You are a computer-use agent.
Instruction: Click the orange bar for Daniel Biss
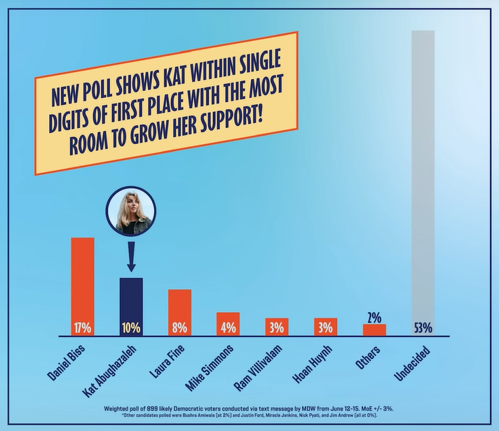click(83, 280)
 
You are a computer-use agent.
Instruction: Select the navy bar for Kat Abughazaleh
click(131, 301)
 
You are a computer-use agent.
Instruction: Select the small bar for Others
click(374, 330)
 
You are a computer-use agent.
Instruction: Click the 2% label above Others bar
click(374, 317)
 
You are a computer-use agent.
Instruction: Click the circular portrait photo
click(130, 211)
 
